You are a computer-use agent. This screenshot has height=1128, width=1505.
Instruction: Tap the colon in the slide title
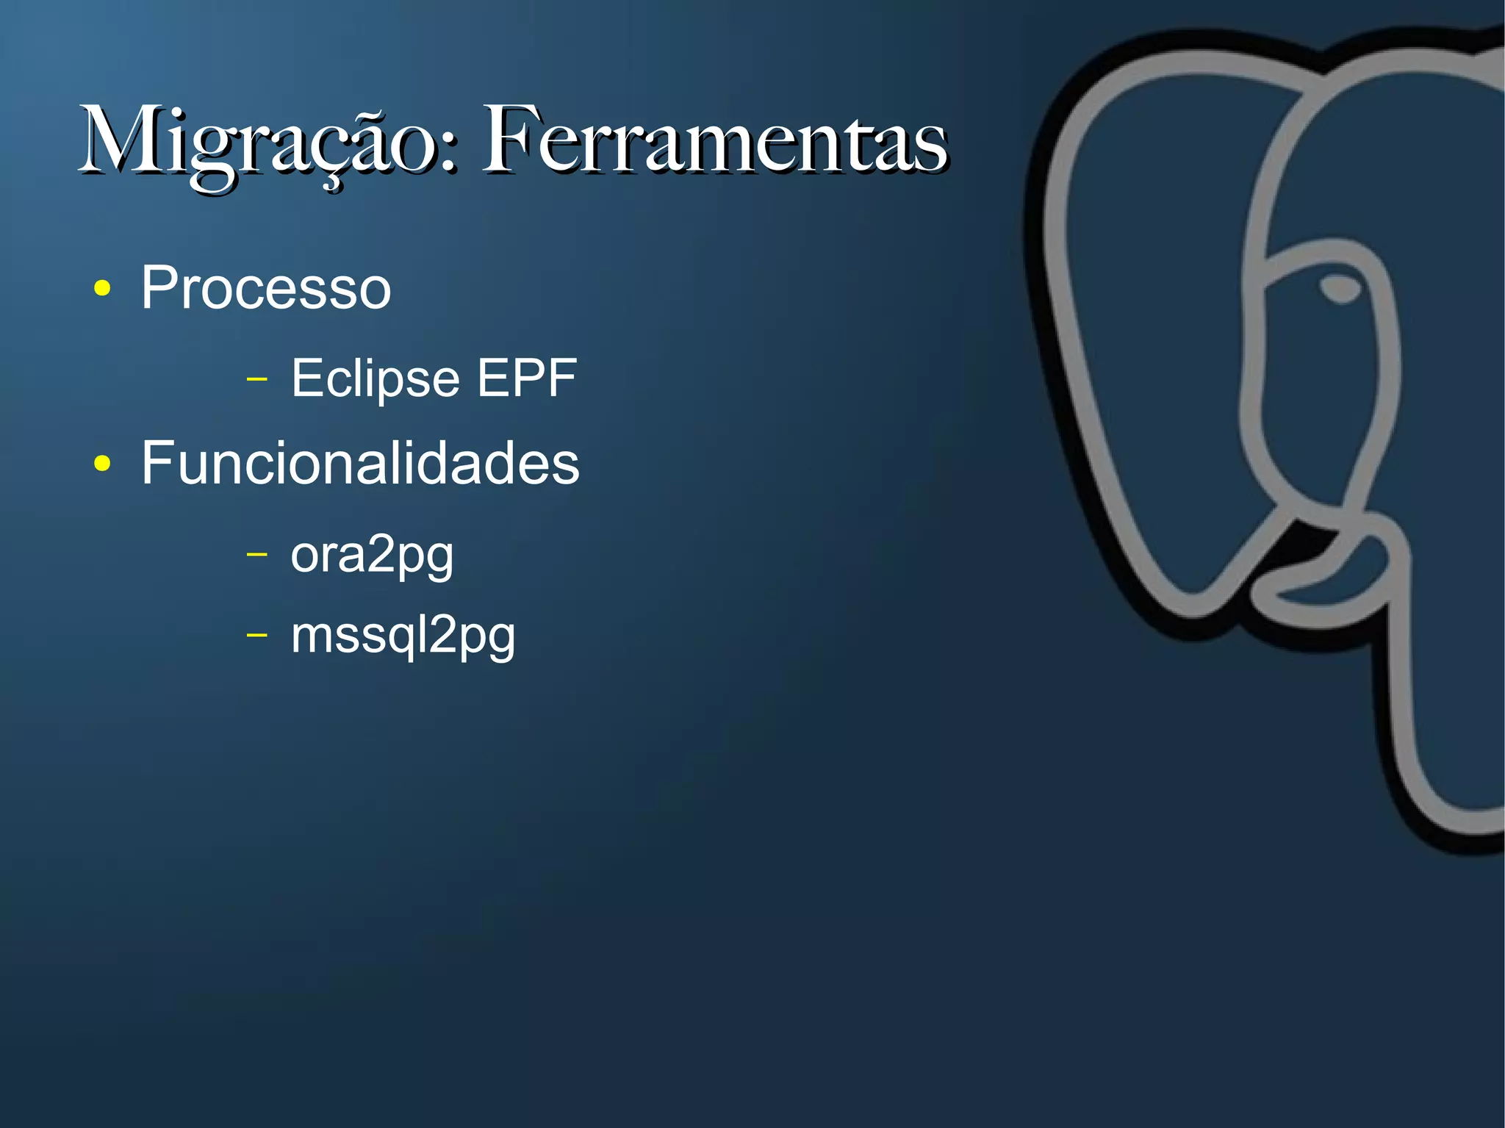click(x=450, y=151)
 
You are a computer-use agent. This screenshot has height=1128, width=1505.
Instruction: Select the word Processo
click(x=266, y=288)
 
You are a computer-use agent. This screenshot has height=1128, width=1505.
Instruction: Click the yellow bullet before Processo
click(x=103, y=289)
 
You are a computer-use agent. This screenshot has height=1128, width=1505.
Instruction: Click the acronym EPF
click(x=527, y=378)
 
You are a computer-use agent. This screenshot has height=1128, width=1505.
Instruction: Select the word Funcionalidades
click(x=360, y=463)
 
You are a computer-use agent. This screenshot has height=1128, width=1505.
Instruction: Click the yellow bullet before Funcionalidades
click(x=103, y=464)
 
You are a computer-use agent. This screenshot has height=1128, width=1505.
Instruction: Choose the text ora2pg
click(x=372, y=556)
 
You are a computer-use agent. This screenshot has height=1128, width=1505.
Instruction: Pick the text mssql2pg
click(x=403, y=636)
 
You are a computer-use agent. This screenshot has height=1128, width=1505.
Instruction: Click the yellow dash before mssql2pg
click(x=256, y=633)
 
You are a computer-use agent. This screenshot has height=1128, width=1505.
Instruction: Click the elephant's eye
click(x=1340, y=288)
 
